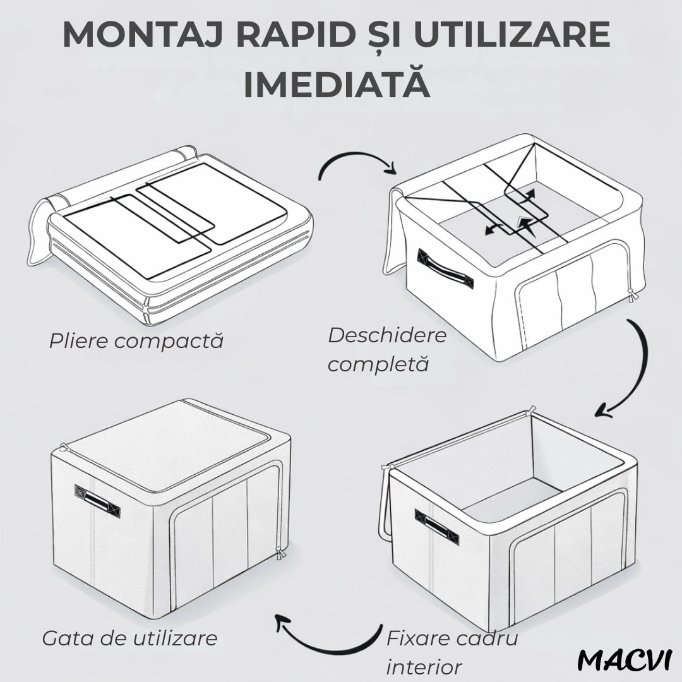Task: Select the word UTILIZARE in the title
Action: (512, 34)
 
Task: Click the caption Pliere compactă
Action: (136, 340)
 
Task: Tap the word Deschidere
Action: (387, 335)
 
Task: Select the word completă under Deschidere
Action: (378, 363)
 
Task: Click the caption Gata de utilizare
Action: (129, 638)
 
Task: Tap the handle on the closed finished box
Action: (97, 501)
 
